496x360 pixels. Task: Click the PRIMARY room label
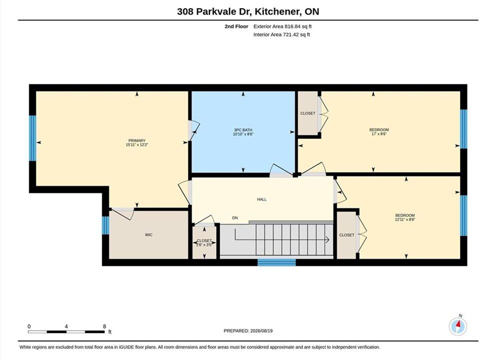pos(137,140)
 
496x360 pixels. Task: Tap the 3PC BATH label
pos(243,130)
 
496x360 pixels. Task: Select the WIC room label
pos(149,234)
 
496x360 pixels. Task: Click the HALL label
pos(262,199)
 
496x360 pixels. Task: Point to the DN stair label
pos(235,218)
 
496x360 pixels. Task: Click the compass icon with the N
pos(458,326)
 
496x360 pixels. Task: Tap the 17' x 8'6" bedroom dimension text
pos(379,134)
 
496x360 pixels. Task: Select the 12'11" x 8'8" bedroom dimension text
pos(405,219)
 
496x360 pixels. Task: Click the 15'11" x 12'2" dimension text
pos(137,144)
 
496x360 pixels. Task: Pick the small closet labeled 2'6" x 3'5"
pos(204,241)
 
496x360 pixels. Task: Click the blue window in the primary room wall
pos(32,138)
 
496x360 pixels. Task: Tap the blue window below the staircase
pos(277,262)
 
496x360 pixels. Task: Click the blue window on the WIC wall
pos(105,225)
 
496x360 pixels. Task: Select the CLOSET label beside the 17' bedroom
pos(308,113)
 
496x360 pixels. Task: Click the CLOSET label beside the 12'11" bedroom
pos(347,235)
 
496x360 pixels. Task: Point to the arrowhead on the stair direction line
pos(328,239)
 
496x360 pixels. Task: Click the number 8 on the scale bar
pos(104,326)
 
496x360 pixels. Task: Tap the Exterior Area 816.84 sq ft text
pos(283,26)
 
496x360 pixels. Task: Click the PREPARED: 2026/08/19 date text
pos(248,331)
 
